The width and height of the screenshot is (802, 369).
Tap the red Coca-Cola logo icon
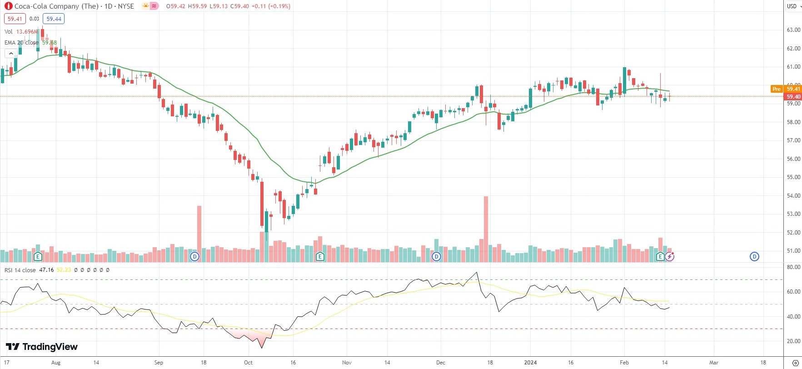click(8, 6)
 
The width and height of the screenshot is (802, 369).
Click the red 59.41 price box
click(15, 19)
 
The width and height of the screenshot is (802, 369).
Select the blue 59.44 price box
click(54, 19)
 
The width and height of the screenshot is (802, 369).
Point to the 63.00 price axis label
click(793, 30)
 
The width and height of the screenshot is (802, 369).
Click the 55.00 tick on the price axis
click(793, 177)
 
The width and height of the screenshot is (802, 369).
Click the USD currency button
click(792, 6)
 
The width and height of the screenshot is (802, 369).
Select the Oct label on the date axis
click(248, 363)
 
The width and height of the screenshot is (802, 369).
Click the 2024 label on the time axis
click(530, 363)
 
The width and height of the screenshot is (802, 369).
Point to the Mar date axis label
click(714, 363)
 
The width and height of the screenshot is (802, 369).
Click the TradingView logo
click(42, 347)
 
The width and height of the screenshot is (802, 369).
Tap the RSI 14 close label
click(20, 270)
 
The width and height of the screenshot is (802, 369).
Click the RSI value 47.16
click(46, 270)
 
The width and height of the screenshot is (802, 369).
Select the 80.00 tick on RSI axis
click(793, 267)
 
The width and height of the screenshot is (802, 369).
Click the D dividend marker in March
click(754, 257)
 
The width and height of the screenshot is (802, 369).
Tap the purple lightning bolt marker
click(670, 257)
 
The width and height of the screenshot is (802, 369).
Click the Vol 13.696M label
click(21, 32)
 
